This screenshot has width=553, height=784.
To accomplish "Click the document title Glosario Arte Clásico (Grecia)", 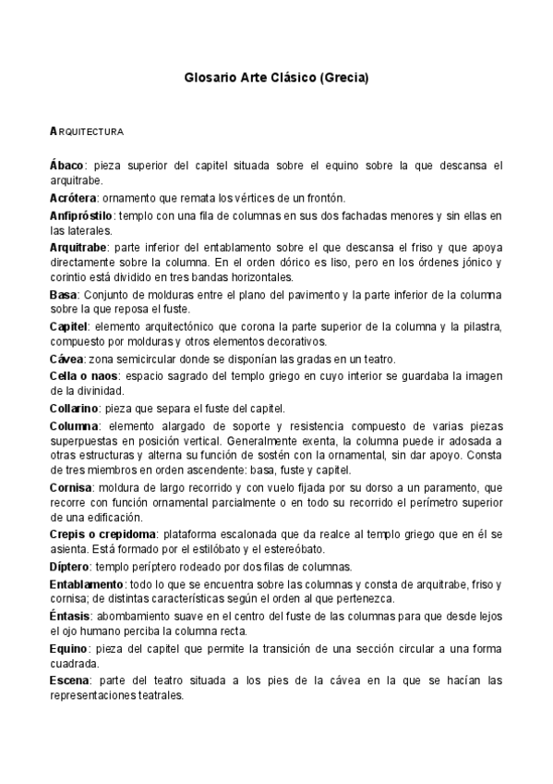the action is coord(276,80).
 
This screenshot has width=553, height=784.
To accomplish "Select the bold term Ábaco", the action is coord(66,165).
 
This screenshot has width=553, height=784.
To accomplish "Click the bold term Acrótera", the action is coord(72,198).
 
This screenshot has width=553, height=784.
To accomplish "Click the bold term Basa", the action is coord(63,294).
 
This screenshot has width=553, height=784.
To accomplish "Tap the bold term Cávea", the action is coord(66,358).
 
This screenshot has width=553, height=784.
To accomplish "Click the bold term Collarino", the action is coord(75,408).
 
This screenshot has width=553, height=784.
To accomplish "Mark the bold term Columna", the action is coord(74,424).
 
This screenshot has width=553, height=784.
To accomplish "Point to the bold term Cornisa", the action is coord(71,487).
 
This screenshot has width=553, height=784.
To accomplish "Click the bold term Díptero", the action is coord(69,567).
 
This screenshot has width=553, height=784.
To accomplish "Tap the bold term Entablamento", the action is coord(86,584).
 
